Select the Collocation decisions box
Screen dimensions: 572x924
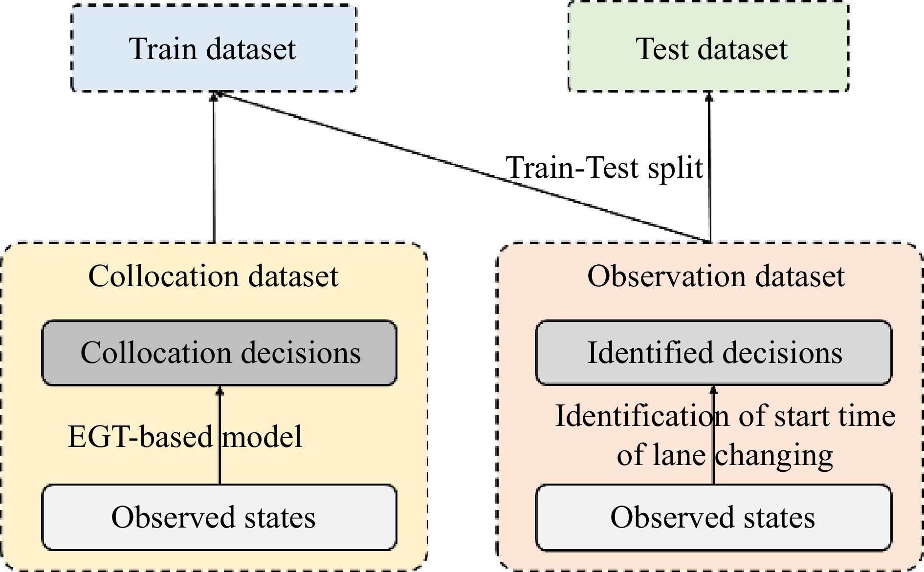(x=220, y=353)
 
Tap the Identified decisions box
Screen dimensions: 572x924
(x=713, y=353)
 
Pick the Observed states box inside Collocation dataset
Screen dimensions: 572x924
(x=220, y=517)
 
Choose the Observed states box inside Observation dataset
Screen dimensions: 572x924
(x=713, y=517)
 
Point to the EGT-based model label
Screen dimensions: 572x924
(x=185, y=436)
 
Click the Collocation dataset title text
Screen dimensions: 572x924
(x=213, y=276)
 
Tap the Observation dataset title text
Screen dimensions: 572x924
(x=716, y=276)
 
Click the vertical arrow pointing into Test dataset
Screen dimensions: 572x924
(x=709, y=147)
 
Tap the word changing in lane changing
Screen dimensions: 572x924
(x=774, y=455)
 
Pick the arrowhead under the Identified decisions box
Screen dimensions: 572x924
(x=713, y=390)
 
